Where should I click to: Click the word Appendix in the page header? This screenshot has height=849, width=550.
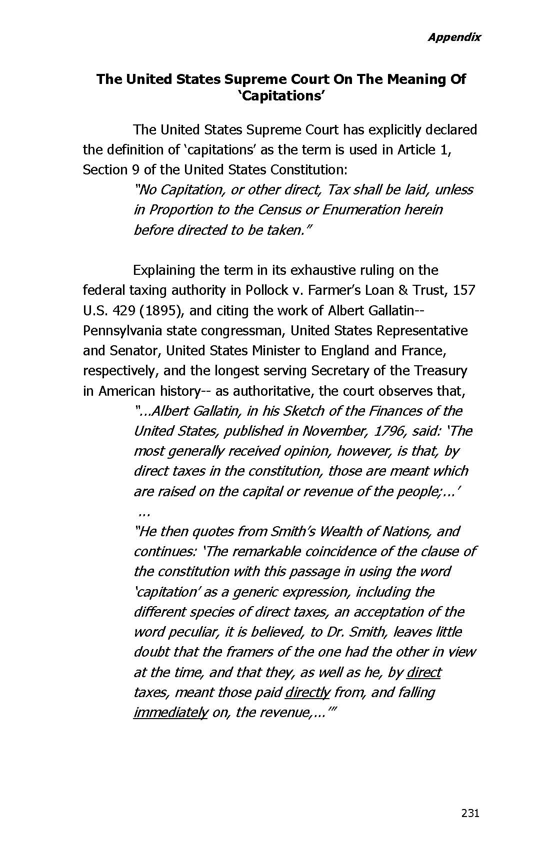pos(453,37)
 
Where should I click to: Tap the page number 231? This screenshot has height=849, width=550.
pos(470,813)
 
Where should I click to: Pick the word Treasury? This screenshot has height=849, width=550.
pos(440,370)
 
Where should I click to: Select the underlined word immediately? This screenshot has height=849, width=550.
pos(170,712)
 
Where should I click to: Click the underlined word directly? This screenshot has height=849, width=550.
pos(307,692)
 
